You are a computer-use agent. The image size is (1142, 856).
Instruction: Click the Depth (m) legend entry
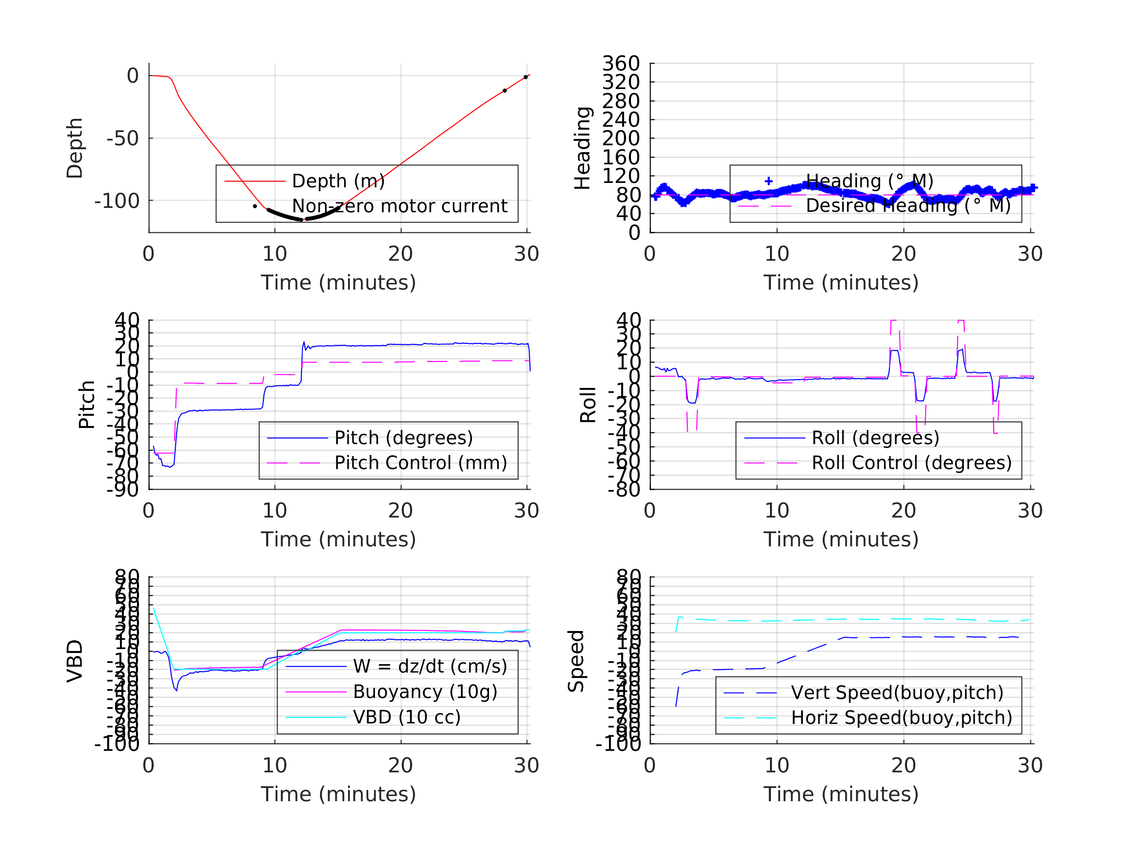338,181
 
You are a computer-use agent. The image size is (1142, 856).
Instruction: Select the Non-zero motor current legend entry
399,206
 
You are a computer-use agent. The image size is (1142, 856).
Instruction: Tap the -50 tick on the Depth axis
122,138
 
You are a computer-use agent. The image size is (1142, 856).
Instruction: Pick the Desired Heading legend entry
908,205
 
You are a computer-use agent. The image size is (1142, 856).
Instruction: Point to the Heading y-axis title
583,148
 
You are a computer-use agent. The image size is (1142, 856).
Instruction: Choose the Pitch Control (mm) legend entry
420,463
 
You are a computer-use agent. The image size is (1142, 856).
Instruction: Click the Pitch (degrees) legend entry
403,438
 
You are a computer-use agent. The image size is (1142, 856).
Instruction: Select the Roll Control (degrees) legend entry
911,463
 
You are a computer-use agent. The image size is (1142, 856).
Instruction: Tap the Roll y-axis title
587,405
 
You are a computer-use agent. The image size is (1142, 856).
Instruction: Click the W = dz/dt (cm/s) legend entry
430,666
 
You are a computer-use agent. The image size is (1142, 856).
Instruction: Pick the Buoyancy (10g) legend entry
425,692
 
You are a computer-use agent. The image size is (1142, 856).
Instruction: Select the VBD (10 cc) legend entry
406,717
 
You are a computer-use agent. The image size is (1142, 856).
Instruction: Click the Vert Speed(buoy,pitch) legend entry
897,693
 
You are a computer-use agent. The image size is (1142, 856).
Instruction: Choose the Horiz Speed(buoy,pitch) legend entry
901,718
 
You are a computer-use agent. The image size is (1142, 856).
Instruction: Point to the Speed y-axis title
576,661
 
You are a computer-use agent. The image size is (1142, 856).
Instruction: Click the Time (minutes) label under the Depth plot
338,283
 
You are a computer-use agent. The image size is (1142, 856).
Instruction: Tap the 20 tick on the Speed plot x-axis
903,765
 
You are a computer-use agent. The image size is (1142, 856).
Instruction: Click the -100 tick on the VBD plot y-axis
117,744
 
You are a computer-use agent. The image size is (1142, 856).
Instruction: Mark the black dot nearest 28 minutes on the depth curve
504,91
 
